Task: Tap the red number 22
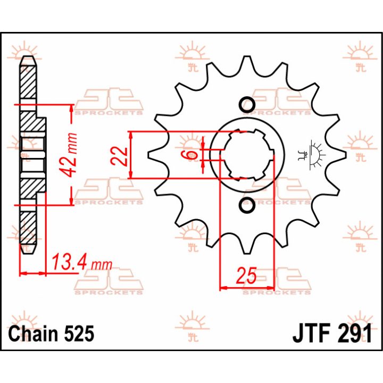(119, 156)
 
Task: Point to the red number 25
(247, 275)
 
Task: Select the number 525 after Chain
(79, 334)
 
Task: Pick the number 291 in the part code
(355, 334)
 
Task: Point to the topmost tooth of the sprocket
(247, 64)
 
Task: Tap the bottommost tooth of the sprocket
(247, 246)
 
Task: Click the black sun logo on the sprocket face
(311, 155)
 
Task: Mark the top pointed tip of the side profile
(28, 57)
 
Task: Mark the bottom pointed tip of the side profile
(28, 254)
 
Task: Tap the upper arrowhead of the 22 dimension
(131, 135)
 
